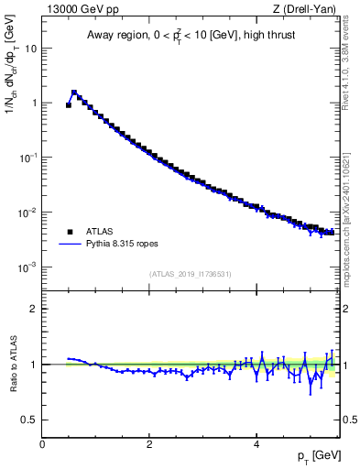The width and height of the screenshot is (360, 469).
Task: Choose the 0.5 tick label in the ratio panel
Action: coord(29,420)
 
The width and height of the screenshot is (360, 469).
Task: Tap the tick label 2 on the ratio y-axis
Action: coord(34,309)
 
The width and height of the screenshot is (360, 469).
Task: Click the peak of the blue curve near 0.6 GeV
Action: coord(74,92)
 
